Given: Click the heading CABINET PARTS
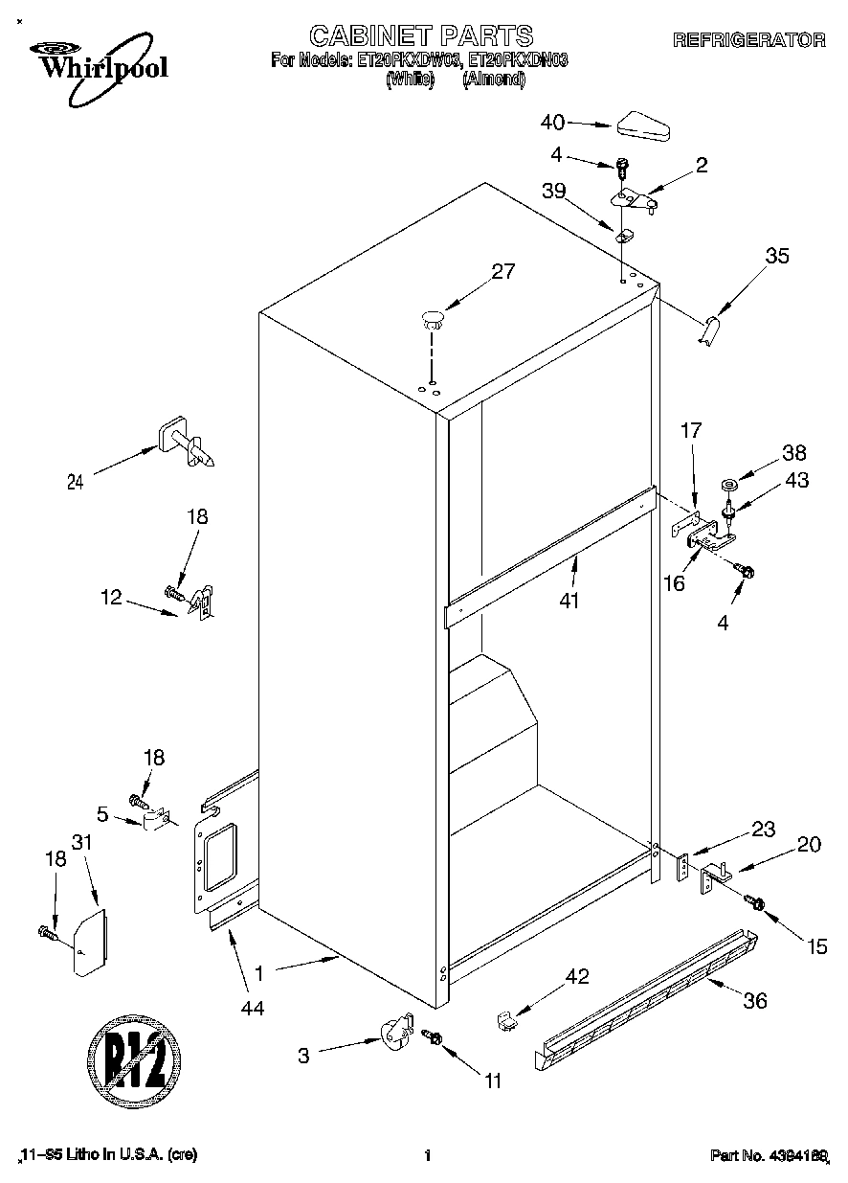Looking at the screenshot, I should [x=421, y=36].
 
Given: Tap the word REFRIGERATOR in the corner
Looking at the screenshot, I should [x=748, y=40].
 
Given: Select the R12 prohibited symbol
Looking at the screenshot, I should [x=135, y=1064].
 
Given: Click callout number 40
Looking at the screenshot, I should [x=552, y=122].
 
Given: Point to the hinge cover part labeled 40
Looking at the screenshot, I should [x=646, y=125].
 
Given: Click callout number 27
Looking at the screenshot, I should [x=503, y=271].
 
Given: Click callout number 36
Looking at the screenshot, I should [x=755, y=1002].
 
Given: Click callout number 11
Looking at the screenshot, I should [x=492, y=1081].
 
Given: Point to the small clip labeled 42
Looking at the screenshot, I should [x=506, y=1022].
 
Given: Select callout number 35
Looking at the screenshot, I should [x=777, y=256].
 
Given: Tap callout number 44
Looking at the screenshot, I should [x=253, y=1007].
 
